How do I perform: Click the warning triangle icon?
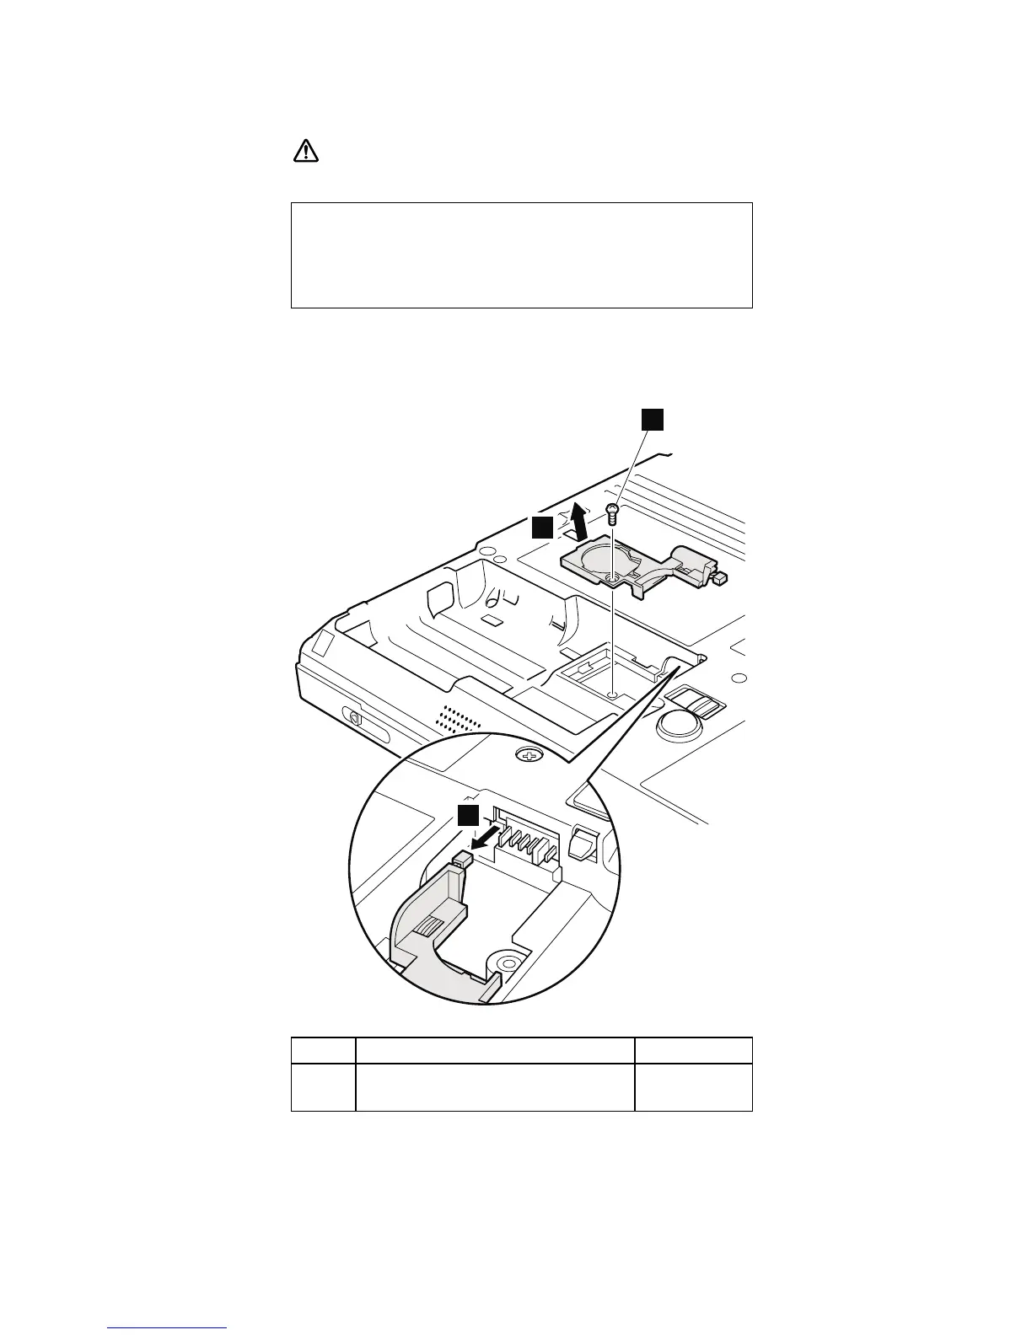click(305, 151)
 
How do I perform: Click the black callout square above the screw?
click(651, 420)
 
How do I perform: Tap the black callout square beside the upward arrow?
click(543, 528)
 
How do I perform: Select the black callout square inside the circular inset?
click(468, 815)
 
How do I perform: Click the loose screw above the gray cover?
click(613, 511)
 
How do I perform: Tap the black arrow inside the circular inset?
click(486, 839)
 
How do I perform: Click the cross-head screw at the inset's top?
click(529, 756)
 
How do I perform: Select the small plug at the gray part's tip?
click(461, 861)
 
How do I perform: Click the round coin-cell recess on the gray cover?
click(610, 556)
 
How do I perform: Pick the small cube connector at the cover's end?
click(720, 579)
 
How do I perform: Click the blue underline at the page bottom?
click(167, 1329)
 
